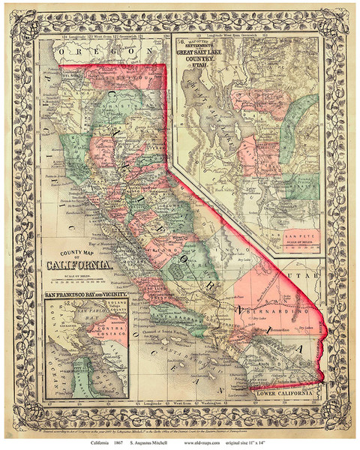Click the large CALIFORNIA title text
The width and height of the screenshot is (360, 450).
(x=82, y=265)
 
